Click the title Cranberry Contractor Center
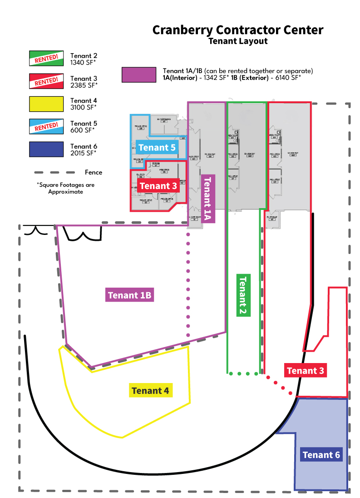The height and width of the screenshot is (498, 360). point(238,30)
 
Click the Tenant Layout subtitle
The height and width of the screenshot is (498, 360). point(238,41)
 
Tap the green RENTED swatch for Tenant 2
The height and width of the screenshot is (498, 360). point(46,58)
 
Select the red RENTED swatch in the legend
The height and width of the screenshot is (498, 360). point(46,81)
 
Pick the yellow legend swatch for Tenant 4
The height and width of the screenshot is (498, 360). point(46,104)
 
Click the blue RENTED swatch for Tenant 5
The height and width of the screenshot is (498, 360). point(46,126)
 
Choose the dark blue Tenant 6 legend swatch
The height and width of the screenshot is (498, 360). point(46,149)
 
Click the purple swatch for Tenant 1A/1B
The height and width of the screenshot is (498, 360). point(139,75)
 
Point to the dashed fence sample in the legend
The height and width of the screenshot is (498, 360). point(54,173)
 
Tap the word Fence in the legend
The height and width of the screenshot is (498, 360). point(94,173)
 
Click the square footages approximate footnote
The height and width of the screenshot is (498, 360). point(66,188)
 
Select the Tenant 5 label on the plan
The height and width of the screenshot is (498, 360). point(157,148)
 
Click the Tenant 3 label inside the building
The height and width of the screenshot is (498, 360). point(158,186)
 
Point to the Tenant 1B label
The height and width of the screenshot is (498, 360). point(129,295)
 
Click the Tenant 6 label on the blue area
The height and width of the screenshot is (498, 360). point(321,455)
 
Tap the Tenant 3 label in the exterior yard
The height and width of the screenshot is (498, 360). point(306,371)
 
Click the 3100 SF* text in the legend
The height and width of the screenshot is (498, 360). point(84,107)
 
